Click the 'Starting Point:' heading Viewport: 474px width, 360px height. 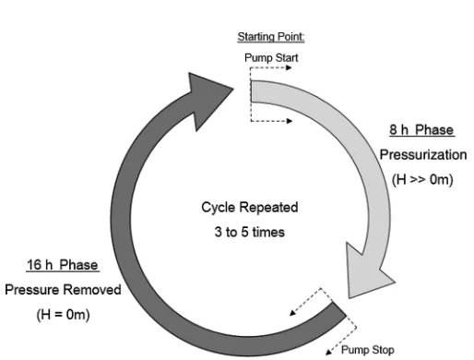[271, 37]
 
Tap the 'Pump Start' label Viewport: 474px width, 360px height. [271, 58]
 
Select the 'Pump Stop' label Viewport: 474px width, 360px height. [368, 350]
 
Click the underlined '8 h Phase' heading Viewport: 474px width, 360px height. [421, 130]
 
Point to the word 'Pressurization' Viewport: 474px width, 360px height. [423, 155]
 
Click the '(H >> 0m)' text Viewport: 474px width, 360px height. [422, 179]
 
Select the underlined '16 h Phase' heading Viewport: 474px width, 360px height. [63, 265]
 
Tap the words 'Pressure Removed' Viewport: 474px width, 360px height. [63, 290]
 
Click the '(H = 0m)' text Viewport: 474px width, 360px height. [63, 315]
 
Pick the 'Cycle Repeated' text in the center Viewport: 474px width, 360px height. [250, 207]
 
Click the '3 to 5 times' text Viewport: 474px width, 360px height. [250, 232]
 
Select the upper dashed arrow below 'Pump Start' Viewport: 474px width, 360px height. [270, 67]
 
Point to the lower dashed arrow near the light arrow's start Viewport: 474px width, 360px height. [271, 121]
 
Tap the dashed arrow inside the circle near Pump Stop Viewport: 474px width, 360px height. [305, 302]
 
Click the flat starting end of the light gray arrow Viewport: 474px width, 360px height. [252, 91]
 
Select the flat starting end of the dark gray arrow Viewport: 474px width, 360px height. [339, 308]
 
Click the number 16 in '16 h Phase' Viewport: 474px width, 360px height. [34, 265]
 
